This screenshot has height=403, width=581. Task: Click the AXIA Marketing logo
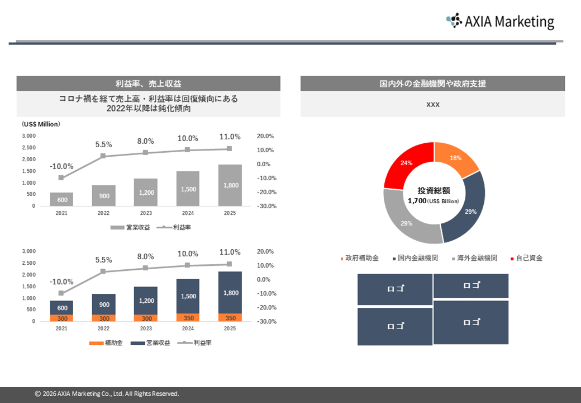500,21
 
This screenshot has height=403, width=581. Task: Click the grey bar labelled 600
61,199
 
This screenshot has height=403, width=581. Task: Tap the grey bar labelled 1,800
230,185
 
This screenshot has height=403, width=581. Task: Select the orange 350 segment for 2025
230,317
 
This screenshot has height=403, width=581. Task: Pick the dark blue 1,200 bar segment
145,301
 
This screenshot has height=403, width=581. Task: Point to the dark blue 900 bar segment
103,304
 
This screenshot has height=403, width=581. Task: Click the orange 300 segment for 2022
103,318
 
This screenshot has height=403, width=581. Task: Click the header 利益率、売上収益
148,84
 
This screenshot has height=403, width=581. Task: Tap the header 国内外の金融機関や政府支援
432,84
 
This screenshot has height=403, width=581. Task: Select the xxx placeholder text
432,105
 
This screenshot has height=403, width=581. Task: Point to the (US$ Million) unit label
41,124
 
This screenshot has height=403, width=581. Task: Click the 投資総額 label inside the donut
434,191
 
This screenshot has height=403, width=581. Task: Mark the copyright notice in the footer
107,394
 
